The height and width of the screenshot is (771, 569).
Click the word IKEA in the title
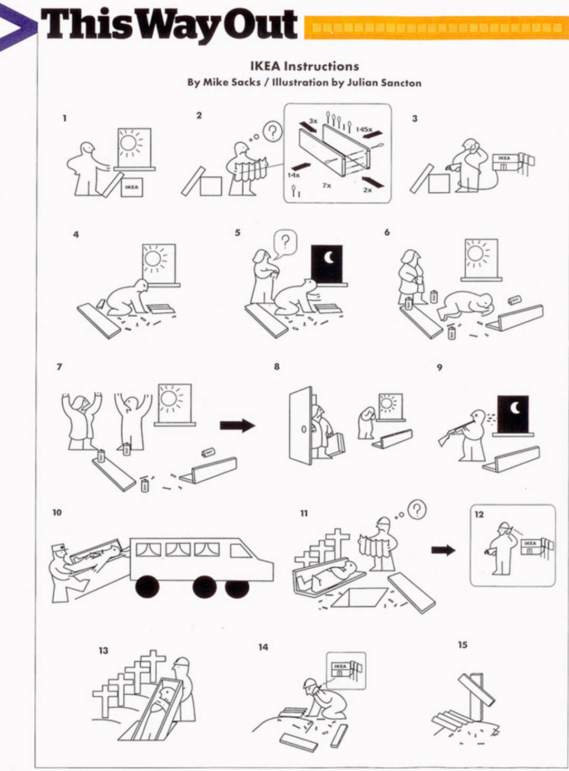point(265,66)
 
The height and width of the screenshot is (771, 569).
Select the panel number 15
point(463,645)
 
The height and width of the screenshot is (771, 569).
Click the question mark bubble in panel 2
point(272,131)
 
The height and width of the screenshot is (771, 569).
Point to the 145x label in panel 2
point(364,129)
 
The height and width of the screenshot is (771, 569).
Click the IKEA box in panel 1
point(132,187)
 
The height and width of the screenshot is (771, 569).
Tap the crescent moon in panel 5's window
point(329,258)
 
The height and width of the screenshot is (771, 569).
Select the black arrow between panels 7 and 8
point(237,426)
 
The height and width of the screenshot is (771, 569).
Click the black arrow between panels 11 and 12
point(443,550)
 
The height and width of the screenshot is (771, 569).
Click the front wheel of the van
point(148,587)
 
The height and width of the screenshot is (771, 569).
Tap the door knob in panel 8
point(303,429)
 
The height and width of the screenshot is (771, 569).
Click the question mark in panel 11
point(417,509)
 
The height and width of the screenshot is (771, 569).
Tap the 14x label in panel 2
point(293,175)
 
